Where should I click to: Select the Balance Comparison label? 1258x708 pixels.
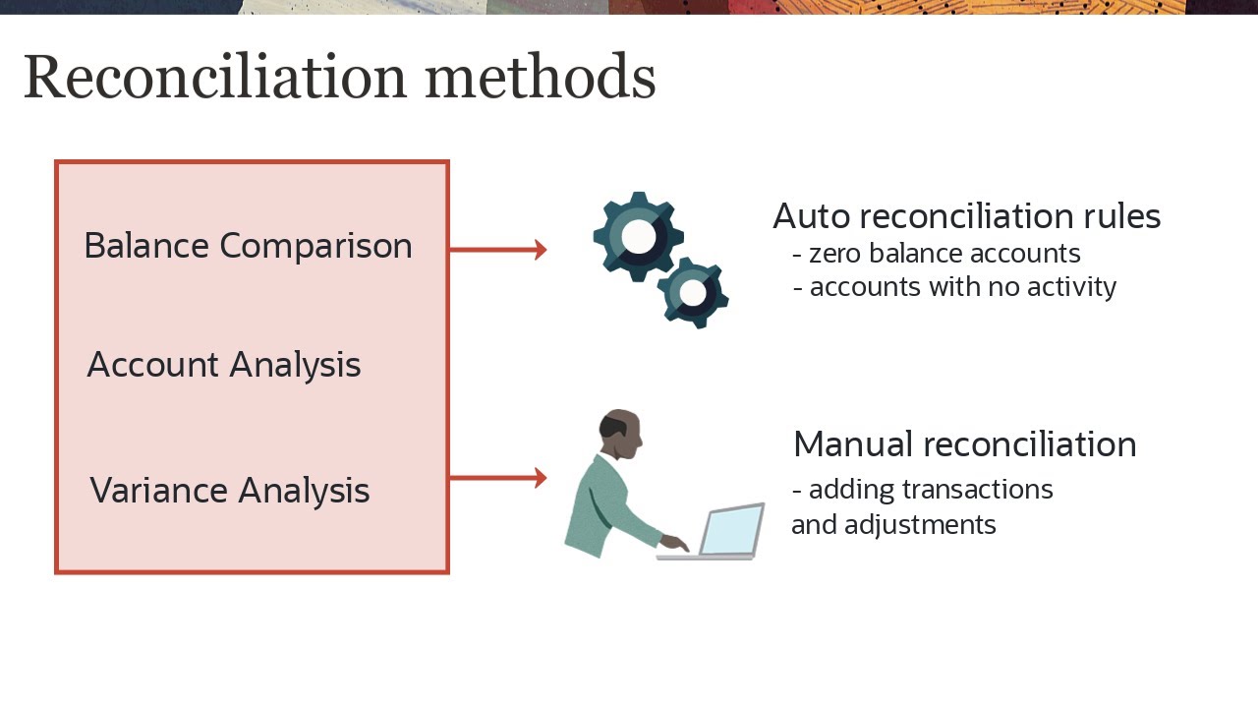(x=248, y=246)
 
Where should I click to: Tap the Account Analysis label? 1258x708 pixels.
(x=224, y=365)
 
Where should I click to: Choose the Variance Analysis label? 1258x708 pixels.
(x=229, y=490)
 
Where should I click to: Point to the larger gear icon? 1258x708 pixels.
(x=638, y=237)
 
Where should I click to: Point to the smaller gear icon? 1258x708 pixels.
(x=693, y=293)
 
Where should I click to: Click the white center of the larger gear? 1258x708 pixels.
(x=638, y=236)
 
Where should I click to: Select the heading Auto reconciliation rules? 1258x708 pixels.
(x=966, y=216)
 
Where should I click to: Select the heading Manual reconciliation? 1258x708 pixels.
(x=964, y=444)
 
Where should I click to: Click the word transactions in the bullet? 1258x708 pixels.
(x=978, y=490)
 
